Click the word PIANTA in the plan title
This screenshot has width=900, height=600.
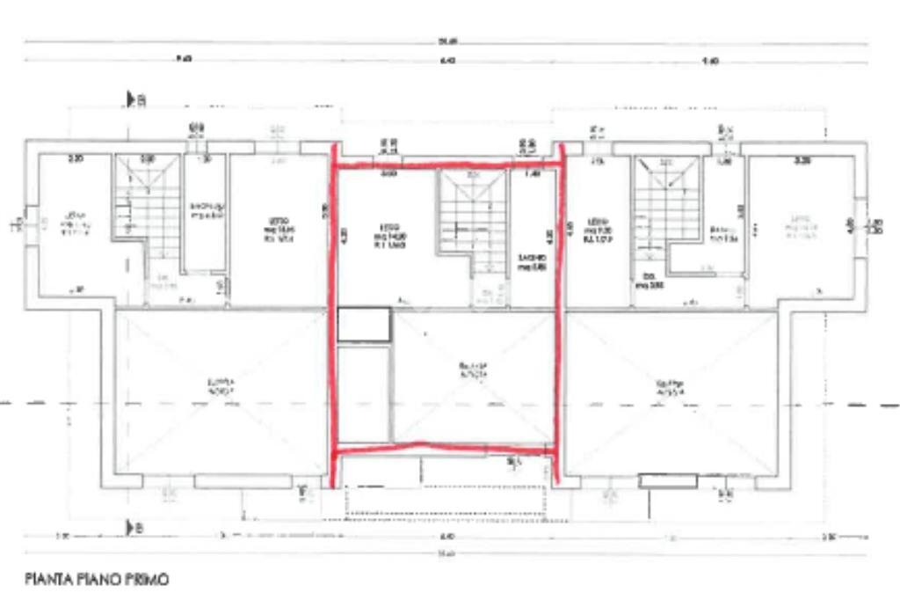click(x=47, y=579)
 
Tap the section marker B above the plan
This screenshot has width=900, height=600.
click(x=135, y=100)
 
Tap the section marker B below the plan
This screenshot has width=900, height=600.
click(x=135, y=527)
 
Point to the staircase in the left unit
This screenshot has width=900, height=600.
click(x=150, y=216)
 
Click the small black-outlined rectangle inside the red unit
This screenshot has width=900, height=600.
click(x=364, y=325)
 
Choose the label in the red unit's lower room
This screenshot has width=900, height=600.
click(x=473, y=370)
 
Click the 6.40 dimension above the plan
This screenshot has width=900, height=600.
click(x=447, y=60)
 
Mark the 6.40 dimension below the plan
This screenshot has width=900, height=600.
click(x=446, y=536)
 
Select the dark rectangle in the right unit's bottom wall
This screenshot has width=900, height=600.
click(x=667, y=480)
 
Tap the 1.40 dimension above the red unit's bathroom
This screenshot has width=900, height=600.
click(x=532, y=174)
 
